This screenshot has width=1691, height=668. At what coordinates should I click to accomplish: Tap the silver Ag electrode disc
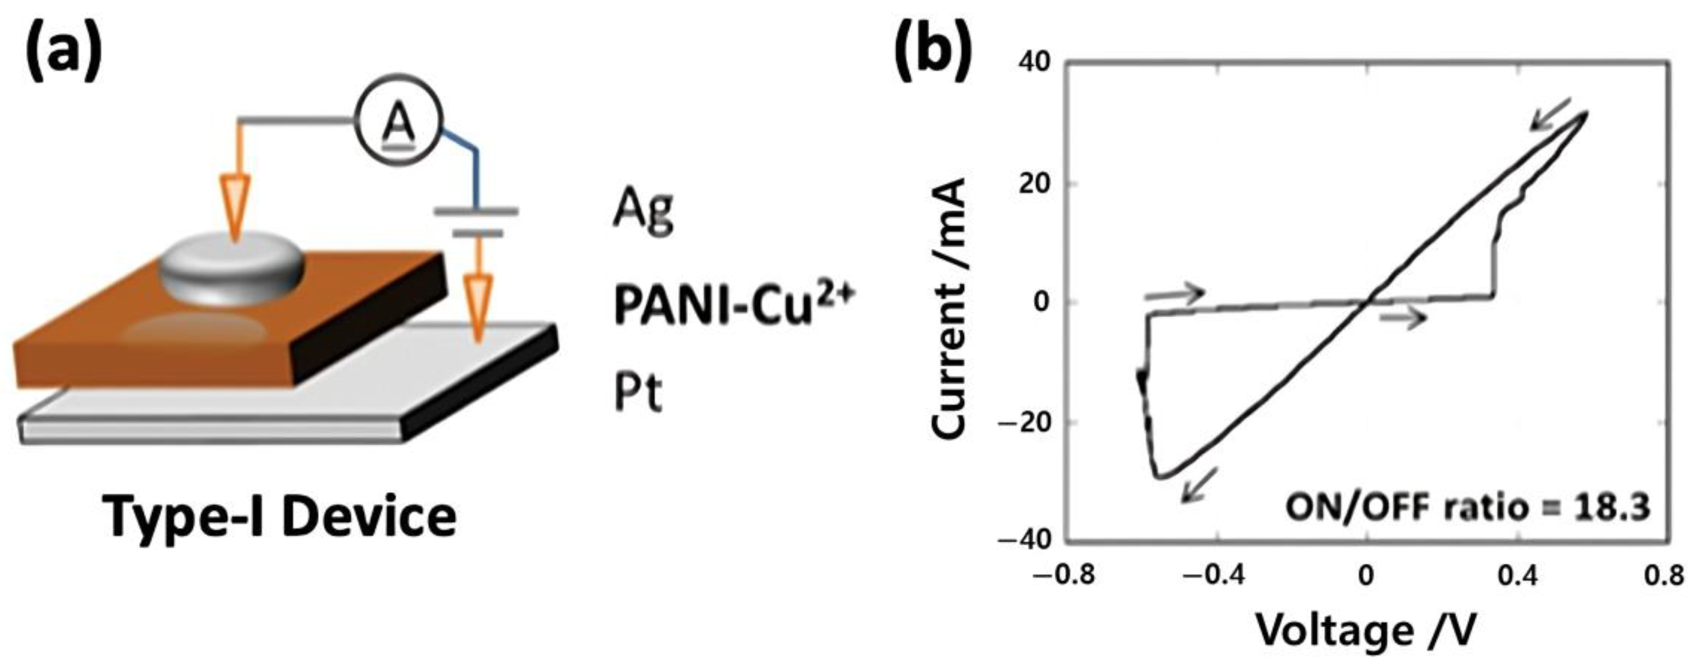[233, 270]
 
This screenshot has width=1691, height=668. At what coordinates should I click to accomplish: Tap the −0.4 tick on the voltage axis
[1214, 576]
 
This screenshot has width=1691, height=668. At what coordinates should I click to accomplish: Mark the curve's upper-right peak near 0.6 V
[1586, 113]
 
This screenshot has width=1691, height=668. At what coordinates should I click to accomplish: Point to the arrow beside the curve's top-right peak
[1550, 131]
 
